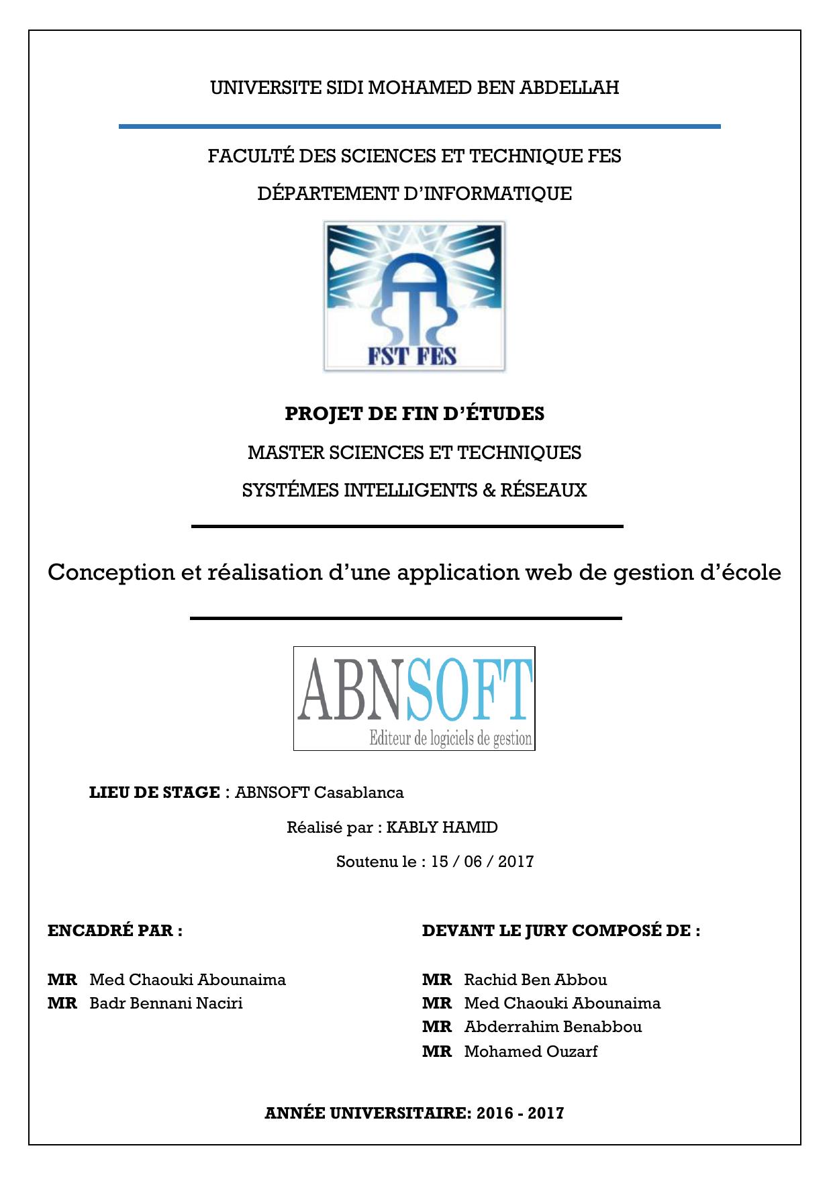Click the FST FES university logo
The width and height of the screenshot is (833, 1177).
pyautogui.click(x=414, y=297)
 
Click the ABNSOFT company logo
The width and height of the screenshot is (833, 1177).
pyautogui.click(x=414, y=698)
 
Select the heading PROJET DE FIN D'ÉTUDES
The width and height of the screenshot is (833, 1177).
pyautogui.click(x=414, y=413)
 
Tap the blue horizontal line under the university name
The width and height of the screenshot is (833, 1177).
pyautogui.click(x=420, y=126)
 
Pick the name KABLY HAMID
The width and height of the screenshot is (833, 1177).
pyautogui.click(x=442, y=827)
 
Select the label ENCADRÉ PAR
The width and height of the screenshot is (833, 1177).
pyautogui.click(x=115, y=931)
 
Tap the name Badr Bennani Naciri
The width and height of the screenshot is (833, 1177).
pyautogui.click(x=166, y=1003)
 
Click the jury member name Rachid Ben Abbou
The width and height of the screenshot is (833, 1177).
pyautogui.click(x=535, y=980)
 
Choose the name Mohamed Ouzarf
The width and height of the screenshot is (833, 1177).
pyautogui.click(x=530, y=1052)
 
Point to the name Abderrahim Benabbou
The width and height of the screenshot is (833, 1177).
pyautogui.click(x=552, y=1027)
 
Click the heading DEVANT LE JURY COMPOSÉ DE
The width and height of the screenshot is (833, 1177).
pyautogui.click(x=560, y=931)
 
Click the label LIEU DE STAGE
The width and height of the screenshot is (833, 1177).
pyautogui.click(x=154, y=792)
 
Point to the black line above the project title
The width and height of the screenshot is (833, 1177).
pyautogui.click(x=407, y=527)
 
